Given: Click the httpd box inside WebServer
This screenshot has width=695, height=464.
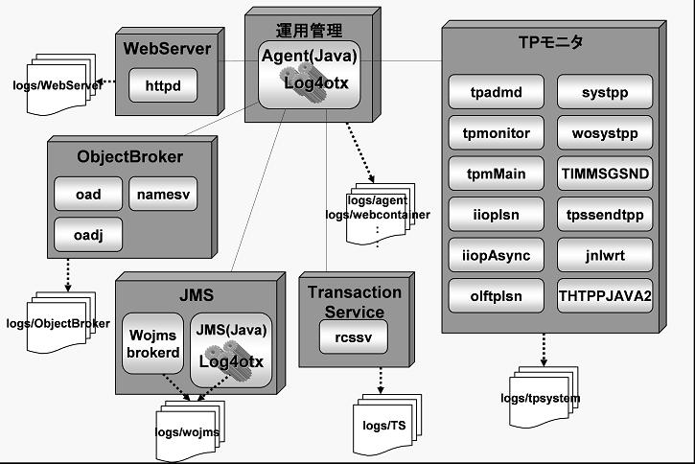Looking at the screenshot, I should [x=163, y=85].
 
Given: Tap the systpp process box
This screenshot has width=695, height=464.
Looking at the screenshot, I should [x=605, y=92].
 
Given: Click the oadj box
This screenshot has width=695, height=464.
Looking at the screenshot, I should [x=88, y=234].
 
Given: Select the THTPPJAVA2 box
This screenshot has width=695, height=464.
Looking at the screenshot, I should [x=605, y=295].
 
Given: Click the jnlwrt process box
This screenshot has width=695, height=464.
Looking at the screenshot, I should [x=605, y=255].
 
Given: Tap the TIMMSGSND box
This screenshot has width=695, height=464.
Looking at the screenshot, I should [x=605, y=174].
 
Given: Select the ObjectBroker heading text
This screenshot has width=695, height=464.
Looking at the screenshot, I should [x=129, y=156].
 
